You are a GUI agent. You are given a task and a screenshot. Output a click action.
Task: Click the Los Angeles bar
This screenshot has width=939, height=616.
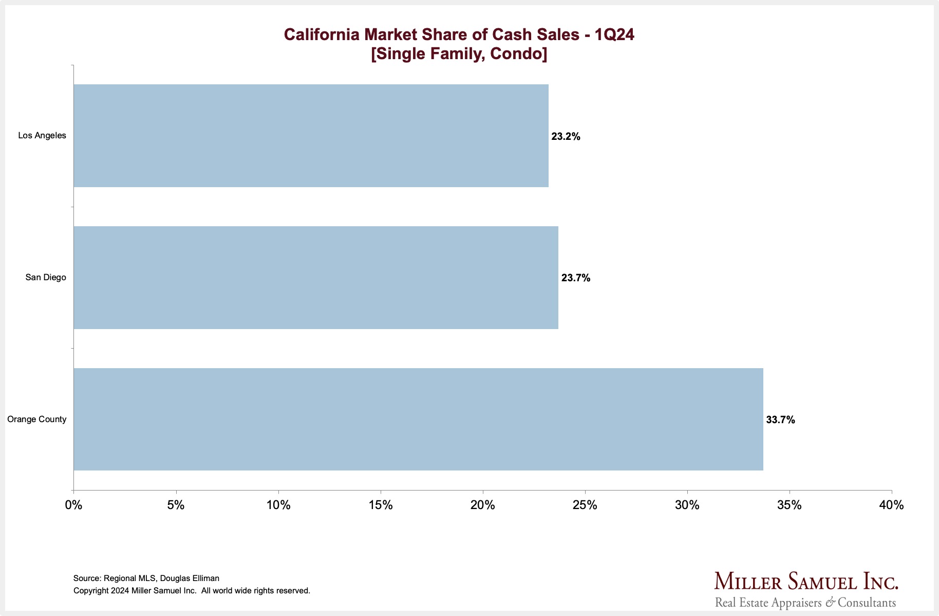[311, 136]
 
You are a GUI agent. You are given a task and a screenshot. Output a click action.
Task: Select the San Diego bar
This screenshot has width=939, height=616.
[316, 278]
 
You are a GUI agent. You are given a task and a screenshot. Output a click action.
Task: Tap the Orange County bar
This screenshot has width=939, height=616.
[418, 419]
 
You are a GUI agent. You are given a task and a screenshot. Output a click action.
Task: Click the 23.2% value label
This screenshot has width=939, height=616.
[566, 137]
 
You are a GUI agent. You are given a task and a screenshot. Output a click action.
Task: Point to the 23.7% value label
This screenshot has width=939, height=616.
[575, 278]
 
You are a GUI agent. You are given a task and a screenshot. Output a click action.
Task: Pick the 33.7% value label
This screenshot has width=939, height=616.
[780, 420]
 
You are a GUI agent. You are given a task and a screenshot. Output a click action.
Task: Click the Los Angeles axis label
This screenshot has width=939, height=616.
[42, 136]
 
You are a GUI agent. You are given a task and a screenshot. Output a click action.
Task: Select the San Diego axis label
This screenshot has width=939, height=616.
[46, 278]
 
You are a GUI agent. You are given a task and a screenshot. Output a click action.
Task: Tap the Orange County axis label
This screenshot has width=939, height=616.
[37, 420]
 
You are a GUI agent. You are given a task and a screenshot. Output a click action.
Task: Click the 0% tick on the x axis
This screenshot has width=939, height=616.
[73, 505]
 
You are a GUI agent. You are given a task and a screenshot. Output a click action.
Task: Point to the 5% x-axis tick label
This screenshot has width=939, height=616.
[176, 505]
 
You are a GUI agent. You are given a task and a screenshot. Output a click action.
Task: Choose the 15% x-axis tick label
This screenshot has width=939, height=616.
[381, 505]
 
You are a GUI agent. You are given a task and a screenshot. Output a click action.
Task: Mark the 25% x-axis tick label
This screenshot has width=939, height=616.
[585, 505]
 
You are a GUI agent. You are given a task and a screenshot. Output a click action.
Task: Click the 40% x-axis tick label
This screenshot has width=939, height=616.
[891, 505]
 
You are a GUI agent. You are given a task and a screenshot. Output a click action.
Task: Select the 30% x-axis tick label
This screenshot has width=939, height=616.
[687, 505]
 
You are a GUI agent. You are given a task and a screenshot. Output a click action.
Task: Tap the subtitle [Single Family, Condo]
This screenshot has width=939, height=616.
[459, 53]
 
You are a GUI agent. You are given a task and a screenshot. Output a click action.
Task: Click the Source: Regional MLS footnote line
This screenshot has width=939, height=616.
[146, 578]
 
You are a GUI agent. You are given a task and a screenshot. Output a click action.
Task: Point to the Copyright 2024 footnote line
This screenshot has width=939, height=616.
[192, 591]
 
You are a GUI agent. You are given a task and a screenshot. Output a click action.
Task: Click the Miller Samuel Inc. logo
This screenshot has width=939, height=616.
[806, 589]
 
